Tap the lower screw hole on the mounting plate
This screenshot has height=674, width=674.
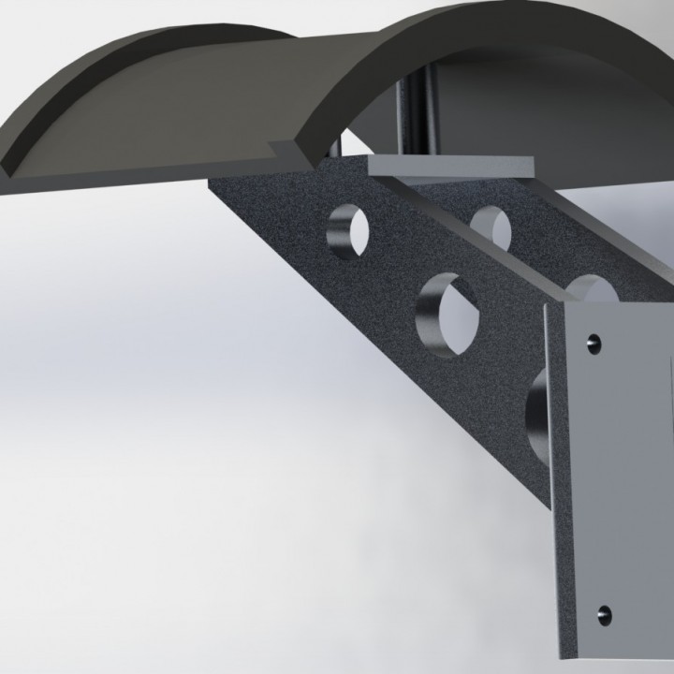[604, 615]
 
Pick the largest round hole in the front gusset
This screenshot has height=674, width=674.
[447, 314]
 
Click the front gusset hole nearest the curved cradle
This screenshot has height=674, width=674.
[349, 230]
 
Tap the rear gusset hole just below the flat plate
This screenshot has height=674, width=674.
[491, 227]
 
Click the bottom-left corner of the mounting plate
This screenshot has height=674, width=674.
[564, 661]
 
